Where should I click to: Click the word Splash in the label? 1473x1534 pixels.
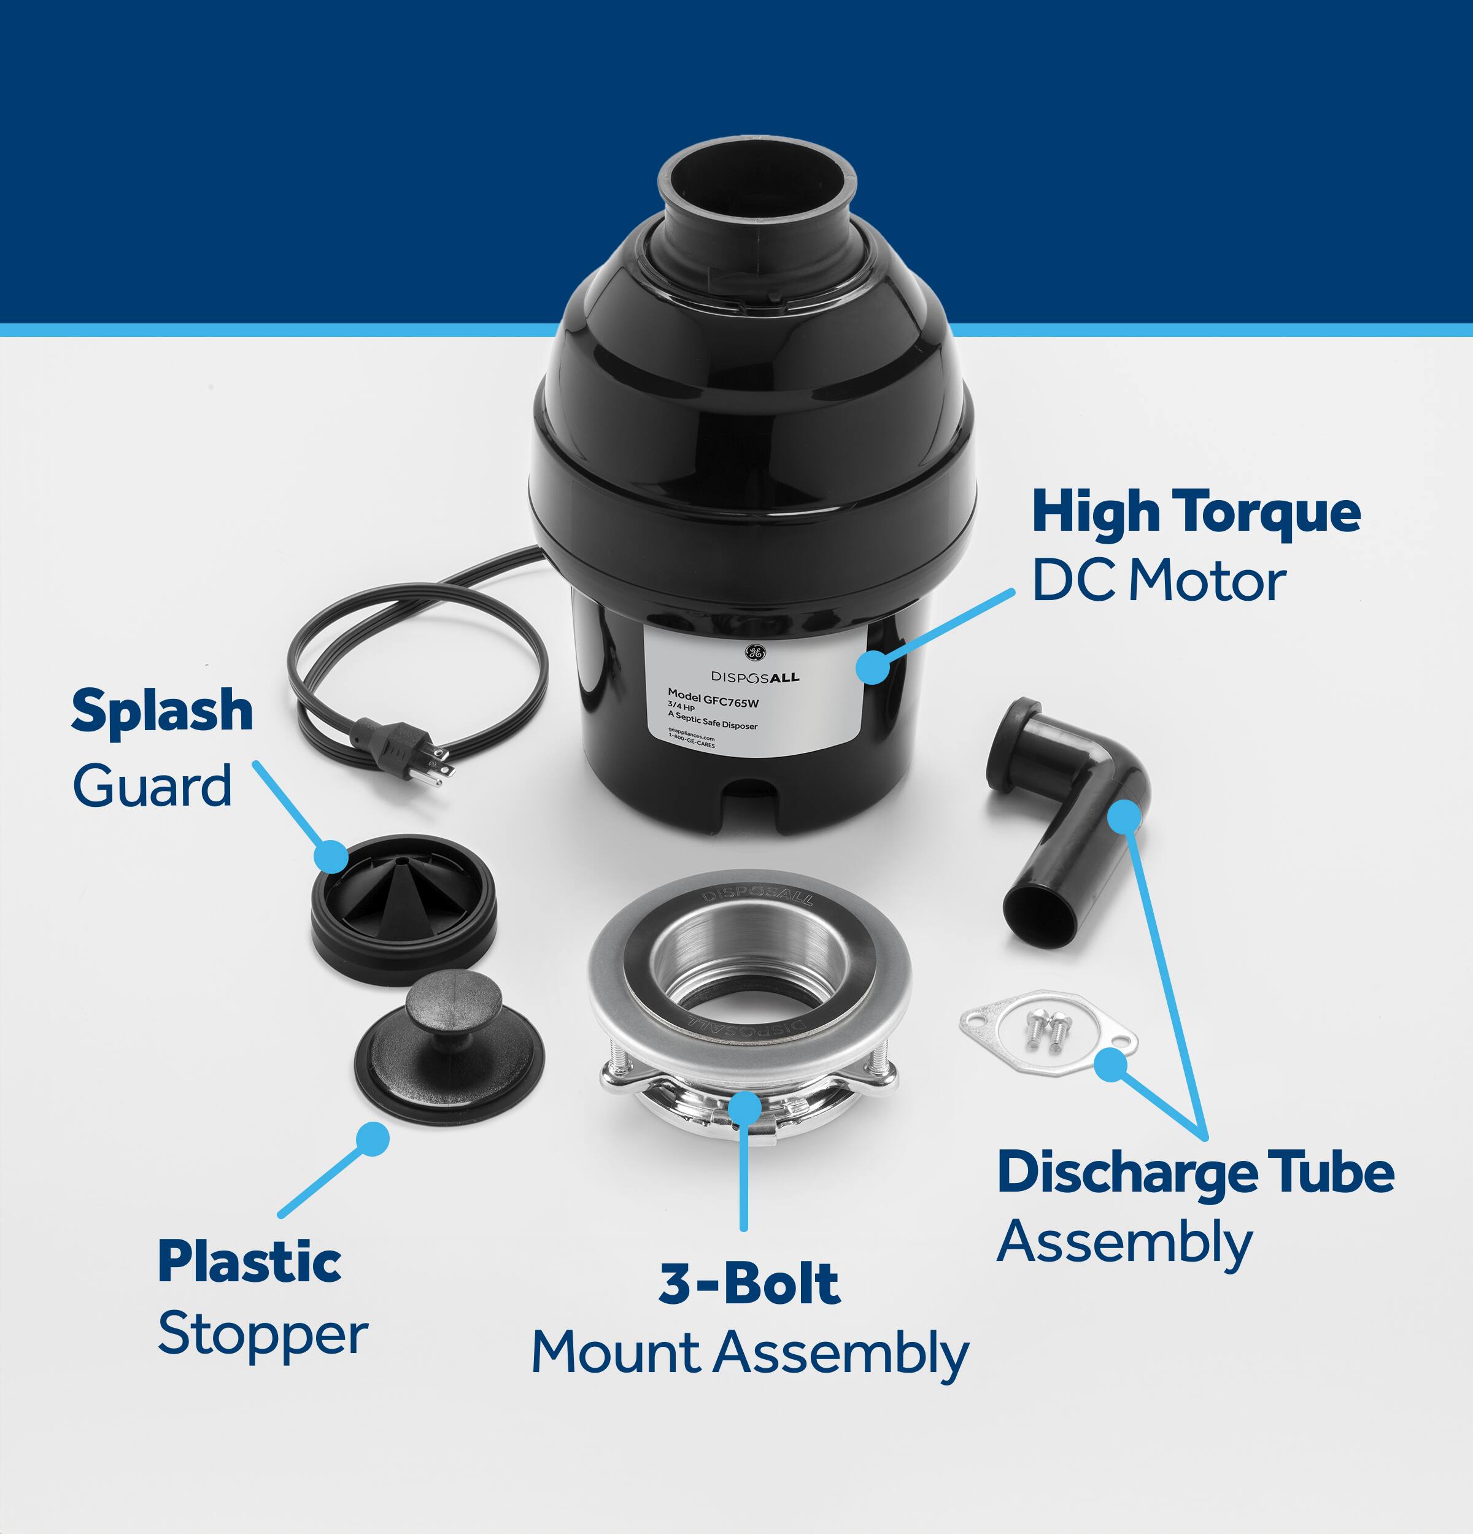pos(162,711)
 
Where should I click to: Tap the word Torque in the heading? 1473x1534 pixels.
pos(1269,512)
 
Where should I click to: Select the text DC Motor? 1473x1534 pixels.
pos(1158,582)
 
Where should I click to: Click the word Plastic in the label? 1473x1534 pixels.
pos(249,1262)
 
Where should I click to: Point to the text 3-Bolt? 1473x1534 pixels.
pos(749,1284)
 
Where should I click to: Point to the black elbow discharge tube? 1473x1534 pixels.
pos(1072,814)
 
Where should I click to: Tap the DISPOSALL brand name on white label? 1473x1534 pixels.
pos(756,677)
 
